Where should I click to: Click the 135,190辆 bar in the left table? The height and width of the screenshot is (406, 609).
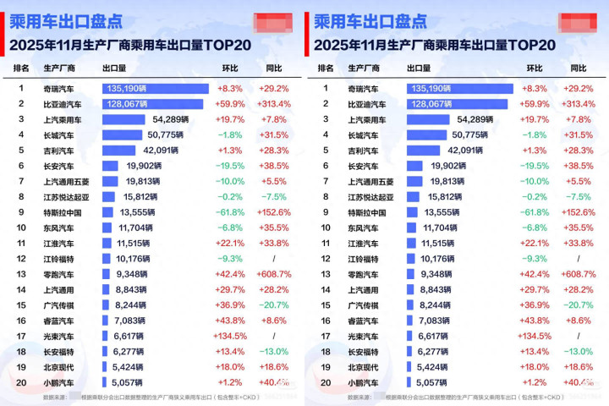click(156, 88)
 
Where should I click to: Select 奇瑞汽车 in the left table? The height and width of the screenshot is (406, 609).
click(59, 88)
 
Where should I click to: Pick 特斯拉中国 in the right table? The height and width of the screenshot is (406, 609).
click(367, 213)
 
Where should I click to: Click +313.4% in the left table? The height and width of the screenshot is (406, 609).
click(273, 104)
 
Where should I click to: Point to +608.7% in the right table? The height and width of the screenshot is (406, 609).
click(578, 275)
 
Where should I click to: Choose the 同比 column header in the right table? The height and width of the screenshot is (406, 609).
click(579, 68)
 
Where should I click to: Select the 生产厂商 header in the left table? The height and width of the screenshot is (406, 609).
click(58, 68)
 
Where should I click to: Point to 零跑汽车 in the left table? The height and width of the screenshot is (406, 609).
click(58, 275)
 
